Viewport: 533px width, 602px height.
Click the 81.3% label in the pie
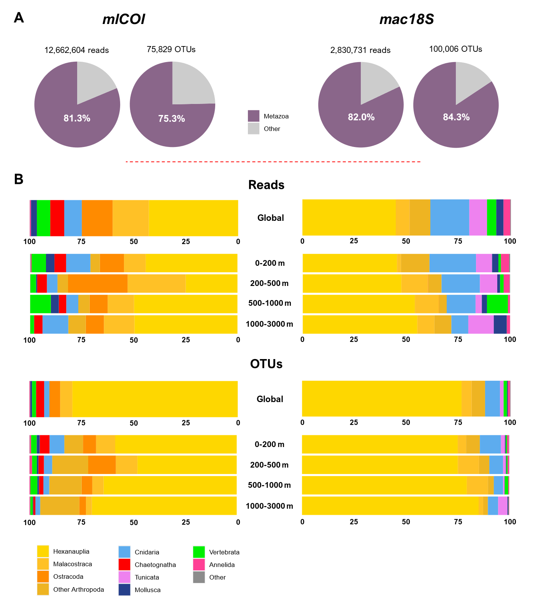pyautogui.click(x=77, y=118)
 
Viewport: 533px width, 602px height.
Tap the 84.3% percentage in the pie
pyautogui.click(x=456, y=117)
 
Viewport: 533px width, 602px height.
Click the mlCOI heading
pyautogui.click(x=124, y=19)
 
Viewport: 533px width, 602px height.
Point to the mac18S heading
pyautogui.click(x=406, y=19)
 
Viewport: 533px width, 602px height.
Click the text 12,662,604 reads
pyautogui.click(x=76, y=50)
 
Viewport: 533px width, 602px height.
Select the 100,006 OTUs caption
pyautogui.click(x=455, y=49)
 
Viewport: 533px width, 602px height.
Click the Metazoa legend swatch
pyautogui.click(x=254, y=116)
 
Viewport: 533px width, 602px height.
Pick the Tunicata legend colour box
pyautogui.click(x=124, y=577)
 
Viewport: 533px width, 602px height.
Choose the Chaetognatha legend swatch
pyautogui.click(x=124, y=565)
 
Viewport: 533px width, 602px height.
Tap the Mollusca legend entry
pyautogui.click(x=148, y=590)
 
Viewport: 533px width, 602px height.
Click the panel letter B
pyautogui.click(x=19, y=179)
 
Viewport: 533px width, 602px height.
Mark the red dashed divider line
pyautogui.click(x=273, y=162)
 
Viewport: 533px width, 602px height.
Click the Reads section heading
pyautogui.click(x=266, y=185)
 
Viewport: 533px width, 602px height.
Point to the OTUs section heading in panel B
pyautogui.click(x=266, y=364)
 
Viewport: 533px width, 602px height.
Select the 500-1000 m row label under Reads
pyautogui.click(x=270, y=303)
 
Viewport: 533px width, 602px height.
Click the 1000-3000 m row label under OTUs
pyautogui.click(x=269, y=506)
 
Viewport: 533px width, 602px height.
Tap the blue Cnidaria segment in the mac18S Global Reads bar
pyautogui.click(x=449, y=217)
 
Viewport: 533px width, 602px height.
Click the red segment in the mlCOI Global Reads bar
pyautogui.click(x=57, y=218)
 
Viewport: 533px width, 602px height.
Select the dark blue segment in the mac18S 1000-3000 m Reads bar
pyautogui.click(x=500, y=324)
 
